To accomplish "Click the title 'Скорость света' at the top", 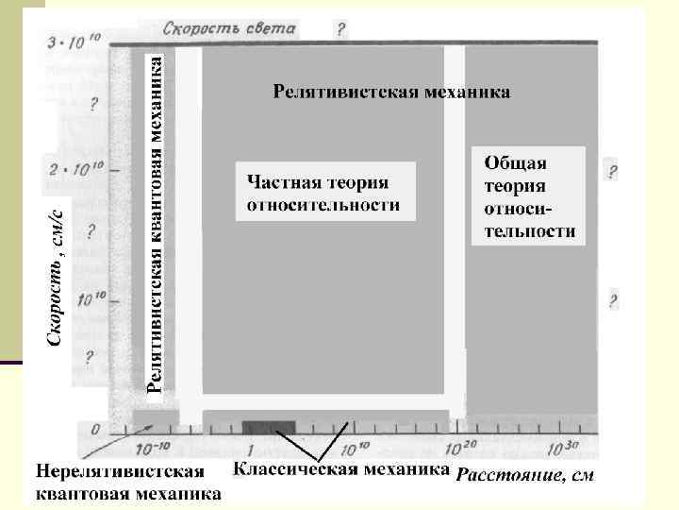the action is tap(229, 28).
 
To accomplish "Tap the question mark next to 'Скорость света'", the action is tap(341, 29).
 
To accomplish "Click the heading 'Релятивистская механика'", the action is tap(392, 93).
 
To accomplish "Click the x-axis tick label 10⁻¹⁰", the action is tap(156, 448).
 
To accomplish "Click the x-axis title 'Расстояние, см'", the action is tap(525, 474).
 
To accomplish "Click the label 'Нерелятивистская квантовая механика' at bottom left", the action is tap(128, 483).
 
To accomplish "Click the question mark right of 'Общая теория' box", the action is tap(613, 172).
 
